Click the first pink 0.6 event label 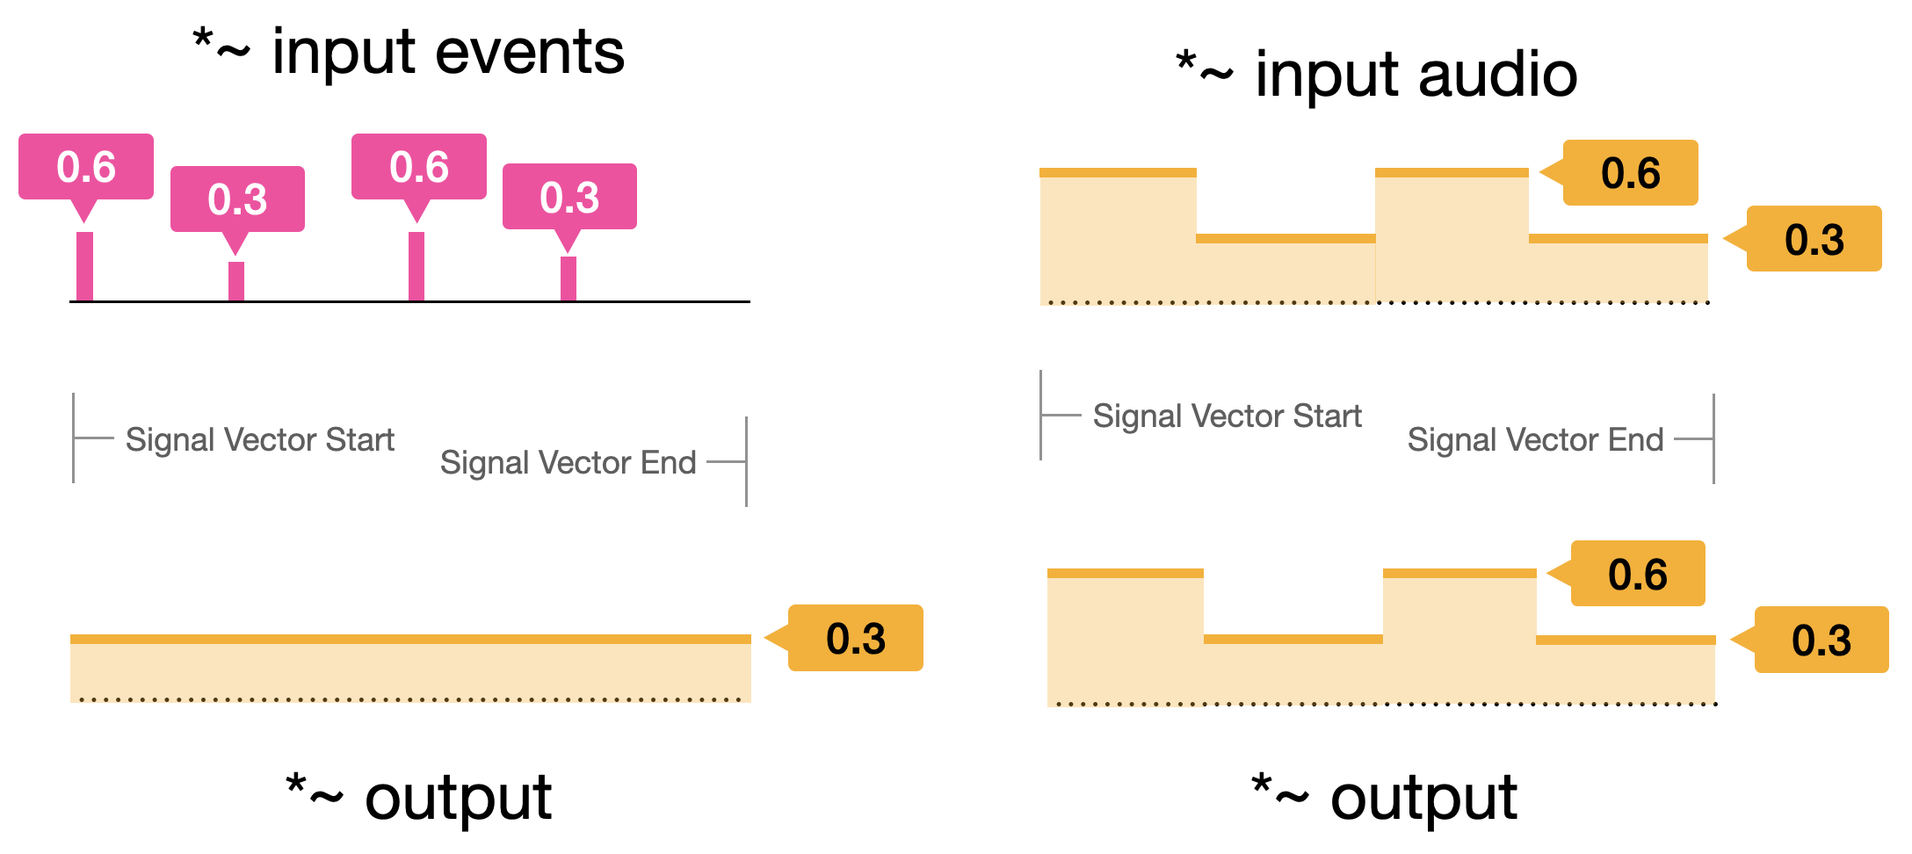(x=86, y=167)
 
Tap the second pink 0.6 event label (x=419, y=167)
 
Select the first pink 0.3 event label (x=237, y=199)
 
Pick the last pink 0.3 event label (x=569, y=197)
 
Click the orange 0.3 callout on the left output (x=856, y=639)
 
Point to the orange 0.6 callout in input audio (x=1630, y=173)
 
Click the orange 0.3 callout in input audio (x=1814, y=240)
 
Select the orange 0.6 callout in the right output (x=1637, y=575)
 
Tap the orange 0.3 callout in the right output (x=1821, y=640)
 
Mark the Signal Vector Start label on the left (x=260, y=439)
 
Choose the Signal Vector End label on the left (x=568, y=462)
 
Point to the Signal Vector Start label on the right (x=1227, y=416)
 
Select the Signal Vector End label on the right (x=1535, y=439)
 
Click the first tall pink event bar (x=84, y=266)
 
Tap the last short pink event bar (x=569, y=279)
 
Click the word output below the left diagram (x=458, y=799)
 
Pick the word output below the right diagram (x=1423, y=799)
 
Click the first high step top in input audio (x=1118, y=173)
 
